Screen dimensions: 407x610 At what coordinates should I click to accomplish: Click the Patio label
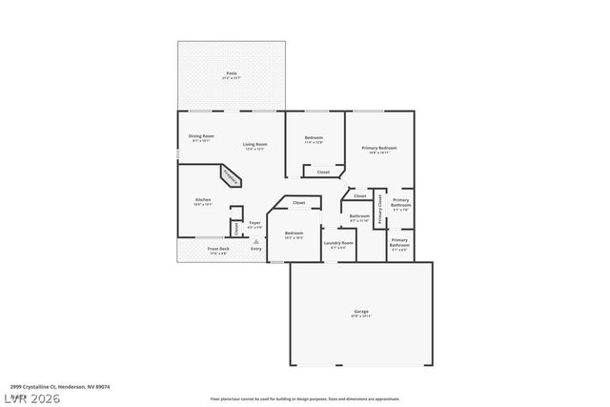point(232,73)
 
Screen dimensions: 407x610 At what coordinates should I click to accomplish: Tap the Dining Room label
point(201,137)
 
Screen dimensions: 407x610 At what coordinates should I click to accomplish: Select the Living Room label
point(254,145)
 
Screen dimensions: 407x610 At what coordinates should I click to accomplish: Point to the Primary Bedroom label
point(379,149)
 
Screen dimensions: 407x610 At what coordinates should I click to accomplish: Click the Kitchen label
point(203,200)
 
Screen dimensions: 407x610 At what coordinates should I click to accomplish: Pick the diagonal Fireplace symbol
point(232,176)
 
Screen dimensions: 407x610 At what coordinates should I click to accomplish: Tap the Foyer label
point(254,224)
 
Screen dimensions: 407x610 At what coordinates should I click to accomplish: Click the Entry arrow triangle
point(255,242)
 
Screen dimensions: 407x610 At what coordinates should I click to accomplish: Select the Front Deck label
point(218,251)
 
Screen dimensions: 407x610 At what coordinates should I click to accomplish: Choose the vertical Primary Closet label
point(380,209)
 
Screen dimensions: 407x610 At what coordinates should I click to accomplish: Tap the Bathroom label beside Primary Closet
point(359,217)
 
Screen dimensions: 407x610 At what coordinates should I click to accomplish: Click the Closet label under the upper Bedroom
point(323,173)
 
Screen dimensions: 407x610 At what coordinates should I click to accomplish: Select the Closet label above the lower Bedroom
point(298,203)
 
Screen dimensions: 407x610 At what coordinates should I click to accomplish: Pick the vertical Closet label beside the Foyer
point(235,228)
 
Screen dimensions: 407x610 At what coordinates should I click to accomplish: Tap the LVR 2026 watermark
point(30,397)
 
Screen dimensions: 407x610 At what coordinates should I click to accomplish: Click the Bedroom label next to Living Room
point(314,139)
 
